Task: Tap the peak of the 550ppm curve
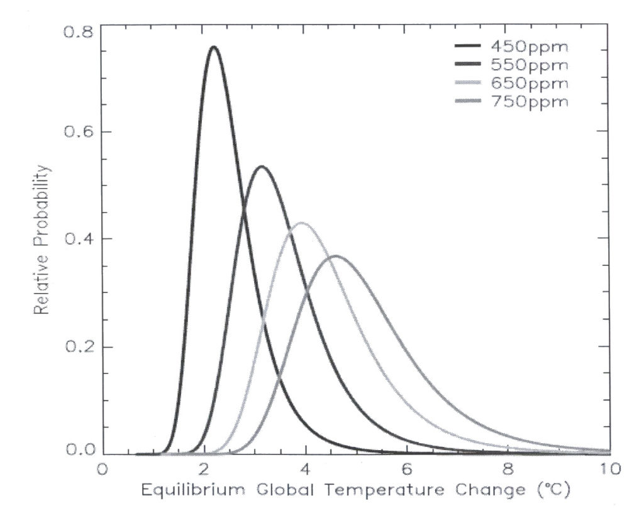coord(261,167)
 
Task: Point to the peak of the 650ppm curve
coord(303,223)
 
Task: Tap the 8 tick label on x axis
coord(508,469)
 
